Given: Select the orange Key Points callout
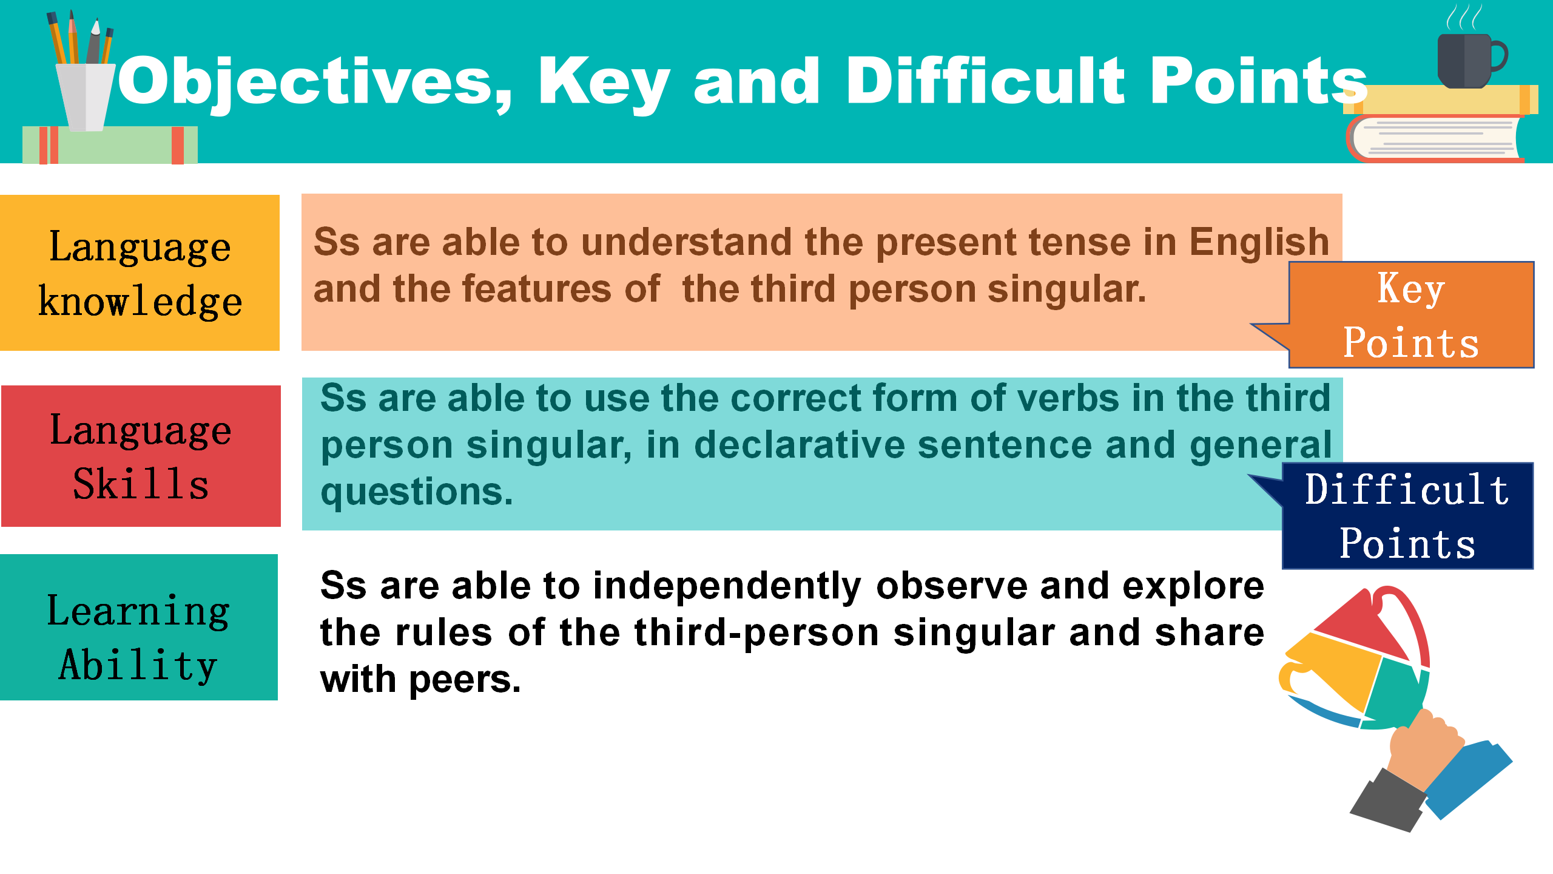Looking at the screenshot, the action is (x=1411, y=315).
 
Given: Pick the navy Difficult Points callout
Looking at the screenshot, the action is (x=1407, y=516).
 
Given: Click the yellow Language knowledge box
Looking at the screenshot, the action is (x=140, y=273).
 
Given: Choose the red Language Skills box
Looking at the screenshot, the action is (x=141, y=456).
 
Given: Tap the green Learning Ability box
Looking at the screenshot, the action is (x=139, y=627).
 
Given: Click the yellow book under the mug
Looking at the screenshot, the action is (x=1441, y=100).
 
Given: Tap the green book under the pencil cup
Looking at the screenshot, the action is (x=110, y=145).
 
